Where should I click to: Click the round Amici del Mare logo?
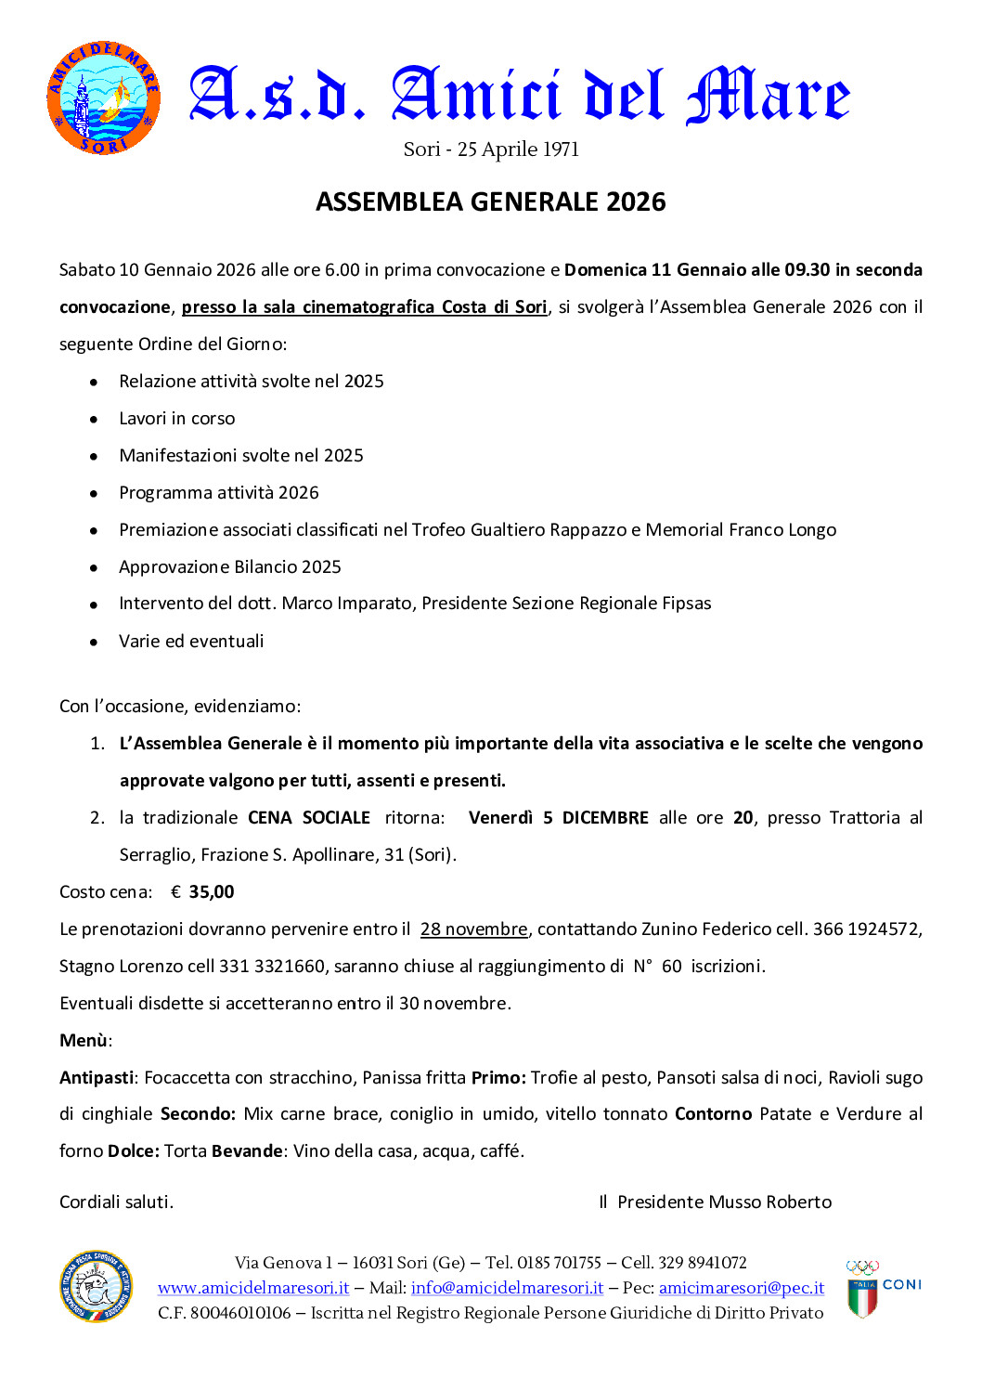(x=103, y=97)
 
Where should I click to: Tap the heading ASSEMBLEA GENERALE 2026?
(x=490, y=201)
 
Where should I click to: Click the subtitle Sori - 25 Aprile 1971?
(x=491, y=149)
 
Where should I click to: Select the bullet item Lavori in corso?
(x=176, y=419)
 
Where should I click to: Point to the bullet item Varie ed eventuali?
(x=191, y=642)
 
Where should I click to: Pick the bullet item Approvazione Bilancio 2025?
(x=230, y=567)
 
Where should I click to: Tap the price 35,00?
(x=212, y=892)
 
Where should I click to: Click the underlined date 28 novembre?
(x=473, y=929)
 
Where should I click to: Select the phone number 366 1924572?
(x=866, y=929)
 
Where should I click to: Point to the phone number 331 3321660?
(x=272, y=967)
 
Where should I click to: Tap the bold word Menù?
(x=84, y=1041)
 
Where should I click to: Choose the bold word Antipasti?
(x=97, y=1078)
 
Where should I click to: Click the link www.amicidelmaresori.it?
(x=253, y=1288)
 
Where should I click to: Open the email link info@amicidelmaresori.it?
(x=507, y=1288)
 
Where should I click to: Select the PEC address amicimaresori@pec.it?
(x=742, y=1288)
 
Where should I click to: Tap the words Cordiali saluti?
(x=116, y=1202)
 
